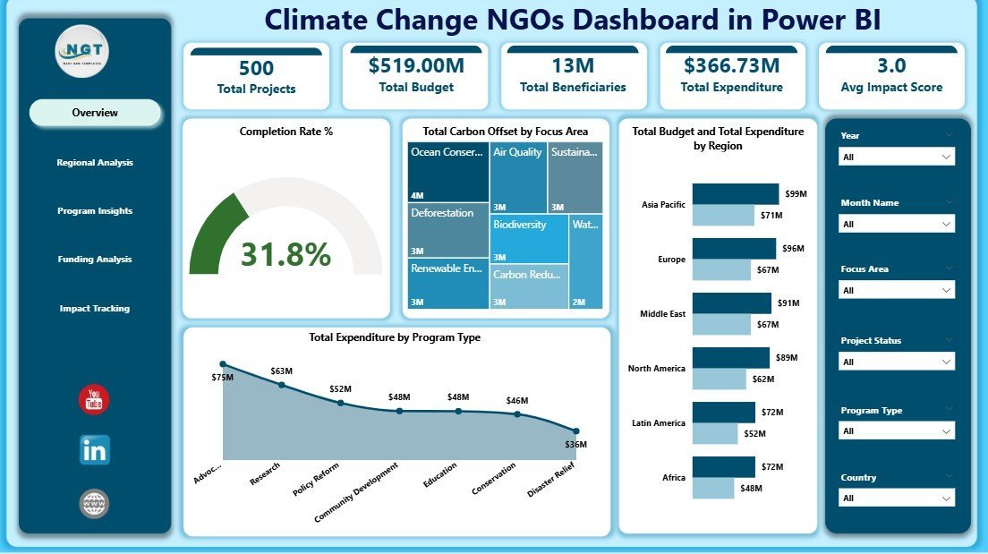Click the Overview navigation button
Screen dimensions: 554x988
point(95,113)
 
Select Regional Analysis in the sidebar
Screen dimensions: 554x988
point(95,163)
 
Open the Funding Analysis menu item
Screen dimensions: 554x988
point(95,260)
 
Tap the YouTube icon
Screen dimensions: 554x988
point(94,400)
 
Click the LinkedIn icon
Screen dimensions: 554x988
point(94,450)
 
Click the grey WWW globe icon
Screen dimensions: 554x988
point(94,504)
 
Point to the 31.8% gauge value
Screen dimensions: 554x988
point(285,255)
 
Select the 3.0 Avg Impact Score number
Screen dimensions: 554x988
point(891,65)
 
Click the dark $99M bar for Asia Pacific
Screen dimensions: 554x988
point(735,194)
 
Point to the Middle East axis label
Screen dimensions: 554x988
point(663,314)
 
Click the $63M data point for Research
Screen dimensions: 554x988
point(282,385)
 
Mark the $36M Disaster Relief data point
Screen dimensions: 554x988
point(576,430)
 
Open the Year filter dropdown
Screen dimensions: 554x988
point(897,157)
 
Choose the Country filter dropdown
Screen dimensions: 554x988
point(897,498)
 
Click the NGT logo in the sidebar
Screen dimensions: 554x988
point(81,51)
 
